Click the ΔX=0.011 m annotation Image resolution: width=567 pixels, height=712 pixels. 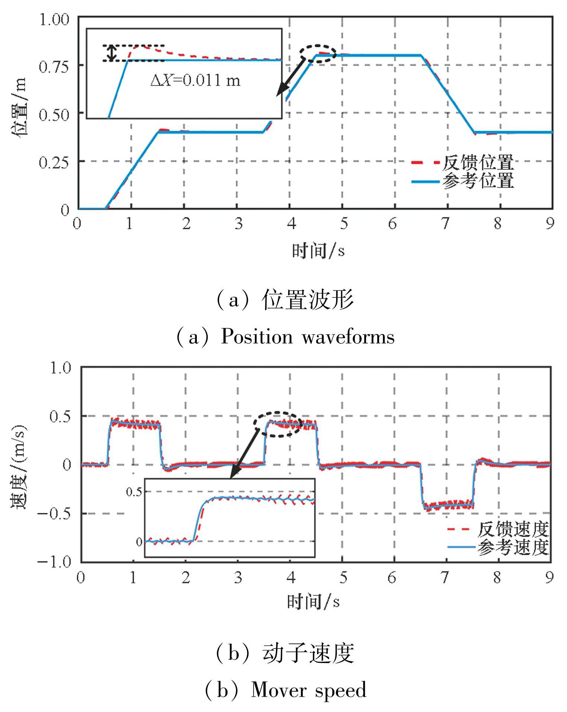[x=195, y=81]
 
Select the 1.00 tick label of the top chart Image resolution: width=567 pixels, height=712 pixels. [x=54, y=19]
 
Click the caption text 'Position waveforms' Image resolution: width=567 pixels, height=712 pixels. [x=308, y=337]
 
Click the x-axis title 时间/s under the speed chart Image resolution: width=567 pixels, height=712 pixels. [x=313, y=601]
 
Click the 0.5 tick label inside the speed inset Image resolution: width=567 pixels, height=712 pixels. [x=134, y=492]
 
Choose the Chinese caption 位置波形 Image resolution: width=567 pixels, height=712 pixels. [x=308, y=300]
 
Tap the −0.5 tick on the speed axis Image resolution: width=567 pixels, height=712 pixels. [x=54, y=513]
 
